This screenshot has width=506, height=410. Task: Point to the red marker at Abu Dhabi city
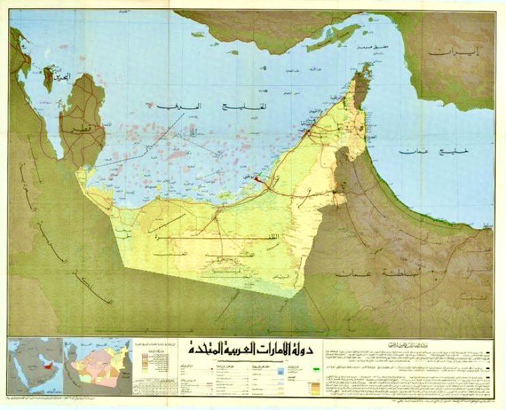tap(258, 179)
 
